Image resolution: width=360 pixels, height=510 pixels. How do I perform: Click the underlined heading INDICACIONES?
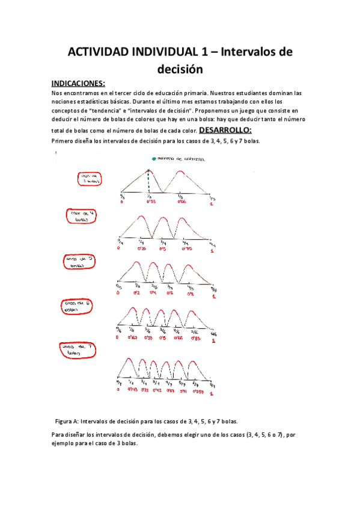[78, 83]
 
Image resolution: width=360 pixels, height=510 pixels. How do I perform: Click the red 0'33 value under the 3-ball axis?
[151, 203]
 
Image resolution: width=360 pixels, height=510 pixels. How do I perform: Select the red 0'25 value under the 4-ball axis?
[142, 248]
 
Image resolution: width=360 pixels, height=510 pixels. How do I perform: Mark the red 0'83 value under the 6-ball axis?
[195, 338]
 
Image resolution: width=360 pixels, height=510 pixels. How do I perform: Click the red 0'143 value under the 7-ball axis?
[133, 389]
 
